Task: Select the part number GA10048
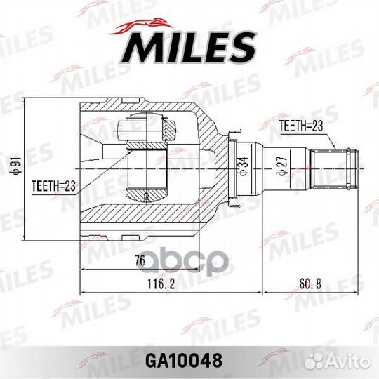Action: pos(189,361)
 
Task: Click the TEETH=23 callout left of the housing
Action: pos(54,186)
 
